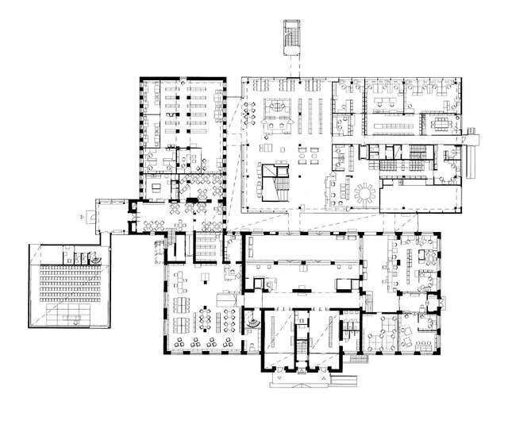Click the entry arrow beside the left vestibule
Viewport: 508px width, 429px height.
coord(83,214)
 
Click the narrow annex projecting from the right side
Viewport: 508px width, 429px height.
coord(475,140)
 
